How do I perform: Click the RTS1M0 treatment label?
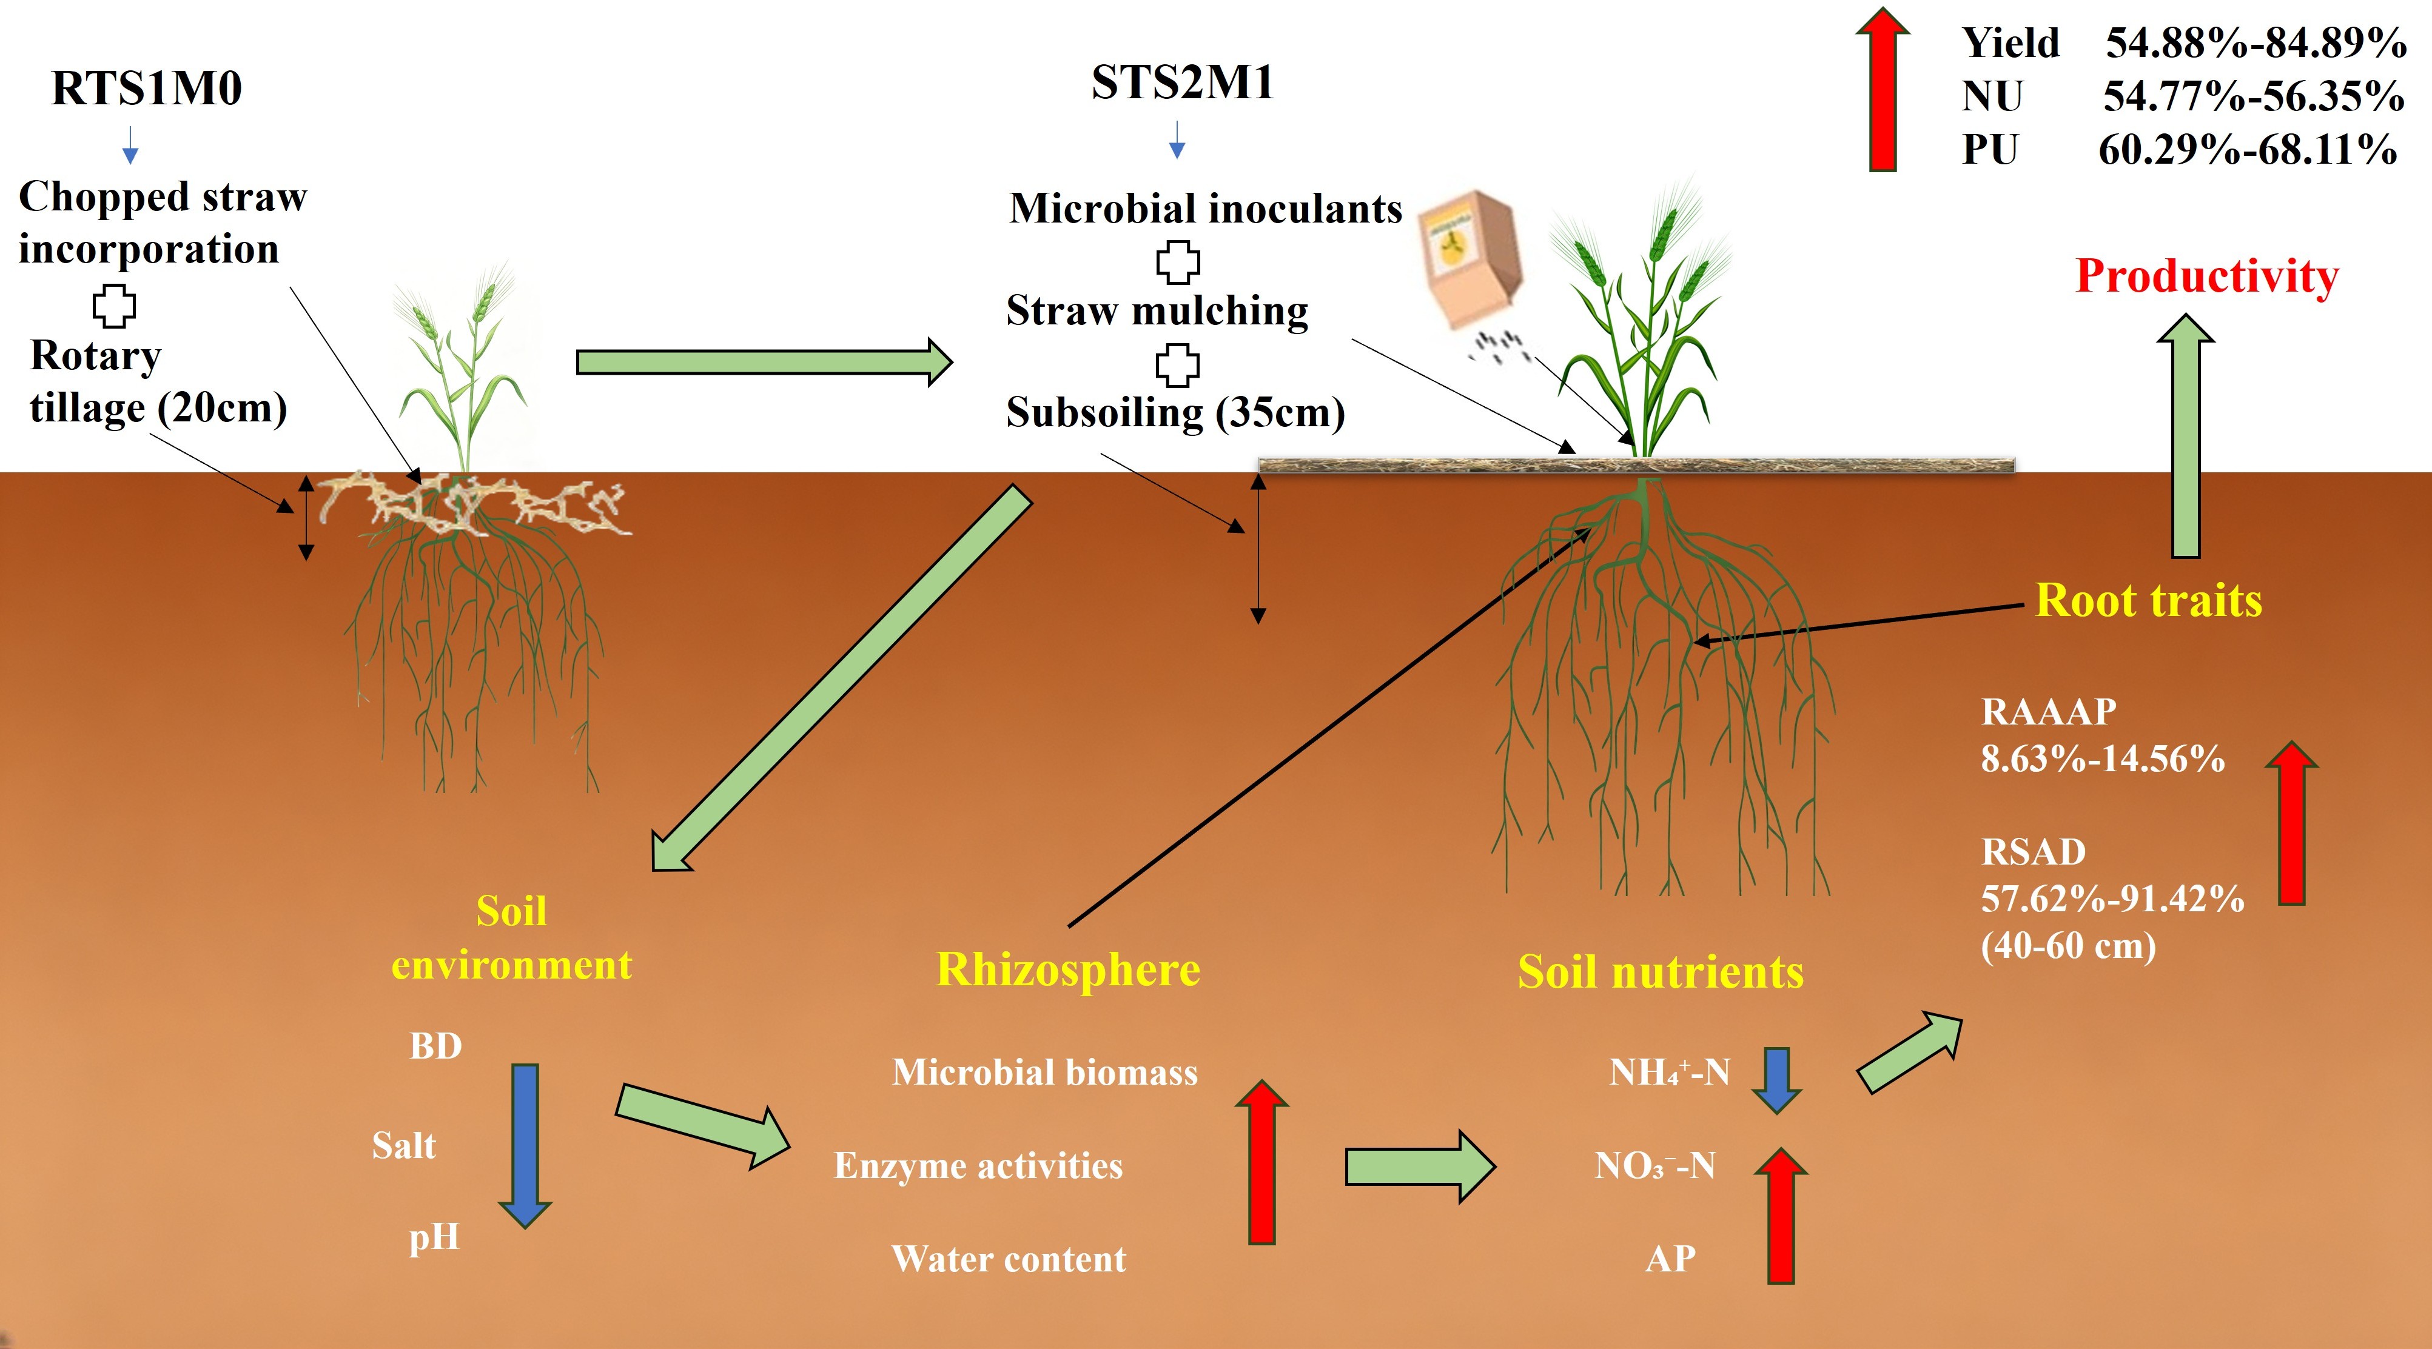[x=146, y=88]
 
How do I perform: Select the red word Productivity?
[x=2208, y=276]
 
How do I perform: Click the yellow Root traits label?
[x=2149, y=600]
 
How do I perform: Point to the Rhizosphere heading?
[x=1068, y=969]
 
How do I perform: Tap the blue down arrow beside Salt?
[x=525, y=1146]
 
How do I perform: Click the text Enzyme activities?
[x=978, y=1166]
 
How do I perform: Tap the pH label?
[x=434, y=1237]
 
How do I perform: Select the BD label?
[x=435, y=1046]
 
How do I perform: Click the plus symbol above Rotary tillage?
[x=114, y=305]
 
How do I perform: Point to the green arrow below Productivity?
[x=2186, y=435]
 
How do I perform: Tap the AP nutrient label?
[x=1670, y=1259]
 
